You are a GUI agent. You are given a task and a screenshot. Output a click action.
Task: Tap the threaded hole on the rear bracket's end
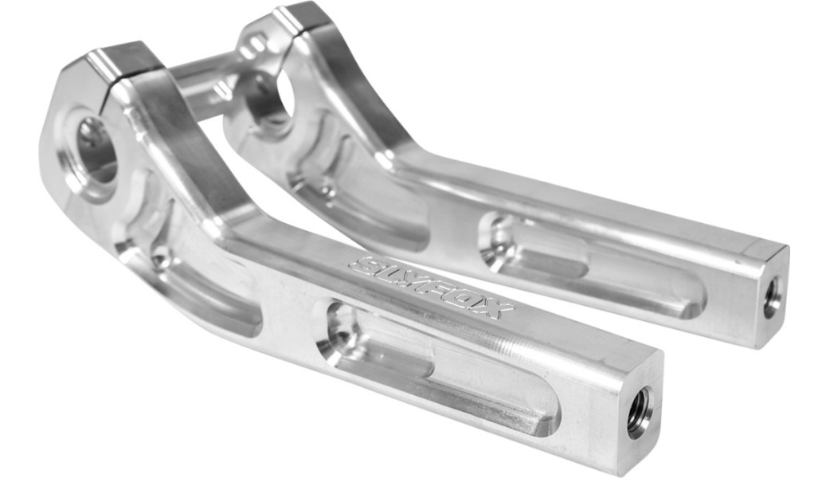click(771, 297)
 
